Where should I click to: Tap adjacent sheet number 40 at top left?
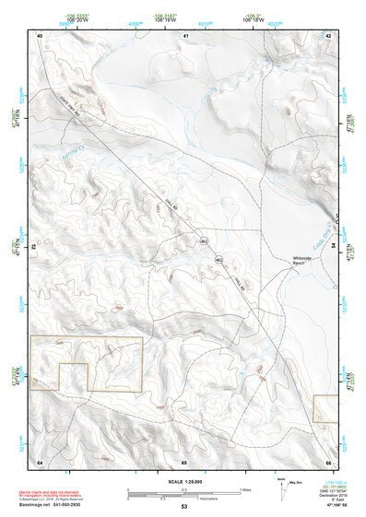(x=40, y=35)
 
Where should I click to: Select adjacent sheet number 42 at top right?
(x=329, y=35)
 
